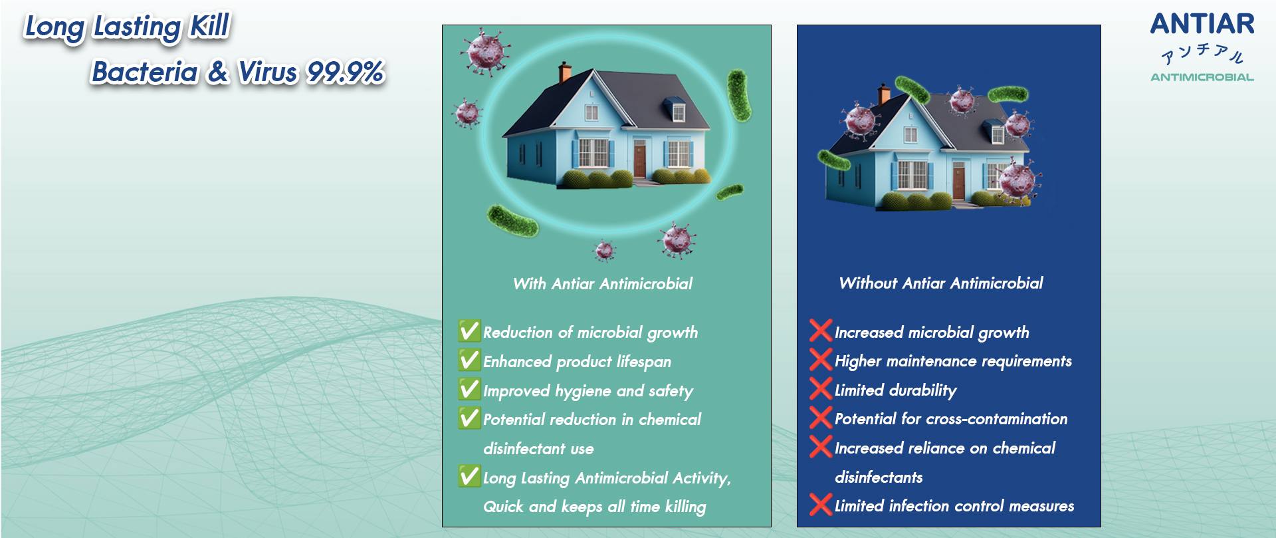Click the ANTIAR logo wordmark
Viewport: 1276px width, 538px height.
coord(1202,24)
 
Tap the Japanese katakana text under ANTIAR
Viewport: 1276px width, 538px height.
coord(1202,54)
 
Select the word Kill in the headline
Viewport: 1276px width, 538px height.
coord(210,27)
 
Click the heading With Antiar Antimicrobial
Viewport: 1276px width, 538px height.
coord(603,284)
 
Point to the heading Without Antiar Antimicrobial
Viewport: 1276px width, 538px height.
coord(941,283)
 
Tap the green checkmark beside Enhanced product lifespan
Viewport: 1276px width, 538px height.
coord(469,360)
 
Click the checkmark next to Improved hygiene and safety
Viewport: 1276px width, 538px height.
coord(469,389)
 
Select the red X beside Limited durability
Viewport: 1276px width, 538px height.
coord(821,388)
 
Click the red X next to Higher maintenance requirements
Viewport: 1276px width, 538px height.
coord(821,359)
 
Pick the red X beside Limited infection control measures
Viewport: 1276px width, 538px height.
coord(821,505)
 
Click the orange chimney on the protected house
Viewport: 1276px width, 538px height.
coord(564,72)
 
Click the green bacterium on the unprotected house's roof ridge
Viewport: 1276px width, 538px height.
coord(912,89)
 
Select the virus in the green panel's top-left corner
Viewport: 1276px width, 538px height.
coord(485,51)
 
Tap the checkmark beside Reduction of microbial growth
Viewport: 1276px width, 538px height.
coord(469,331)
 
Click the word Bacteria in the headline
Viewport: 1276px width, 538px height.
coord(145,72)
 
